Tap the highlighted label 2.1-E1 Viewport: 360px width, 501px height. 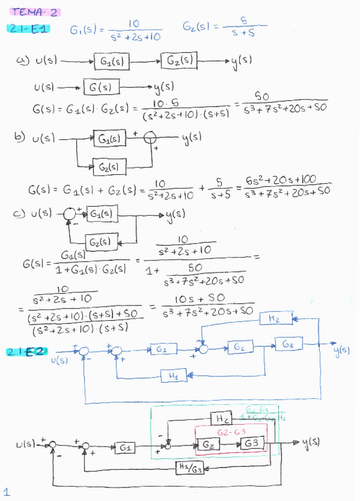[28, 28]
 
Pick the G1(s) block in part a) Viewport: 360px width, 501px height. [112, 61]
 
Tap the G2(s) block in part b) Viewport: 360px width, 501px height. [111, 166]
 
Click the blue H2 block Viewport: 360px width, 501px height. [274, 318]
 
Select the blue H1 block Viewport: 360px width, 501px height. [173, 376]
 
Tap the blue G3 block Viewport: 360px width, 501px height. [288, 344]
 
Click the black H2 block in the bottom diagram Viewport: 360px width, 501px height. [221, 418]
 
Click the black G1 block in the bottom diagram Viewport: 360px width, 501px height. [125, 448]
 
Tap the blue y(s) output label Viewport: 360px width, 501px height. [342, 350]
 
